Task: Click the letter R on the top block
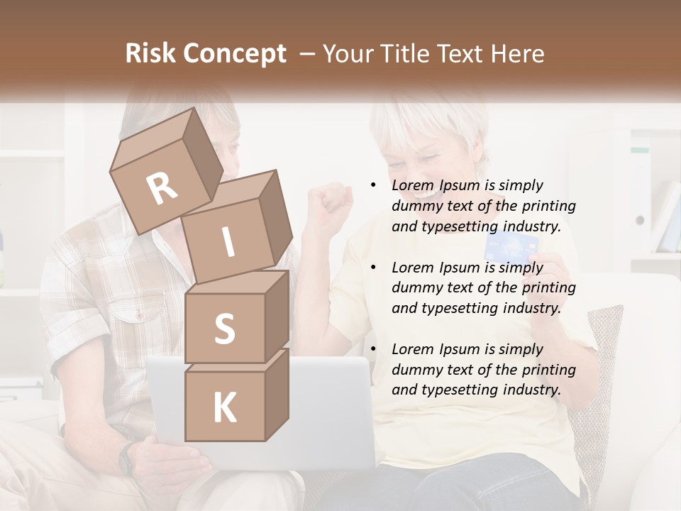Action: click(162, 189)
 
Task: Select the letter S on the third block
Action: click(224, 329)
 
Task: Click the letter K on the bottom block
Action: click(224, 408)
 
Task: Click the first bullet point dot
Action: click(373, 185)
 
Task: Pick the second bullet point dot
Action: click(373, 268)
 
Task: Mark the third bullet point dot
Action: click(373, 349)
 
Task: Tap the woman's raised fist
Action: click(331, 202)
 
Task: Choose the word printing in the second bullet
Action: click(548, 287)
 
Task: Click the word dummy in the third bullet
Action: click(416, 369)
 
